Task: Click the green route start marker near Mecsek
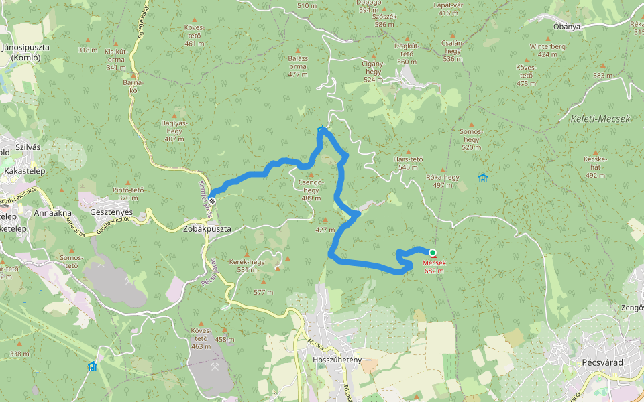[x=433, y=253]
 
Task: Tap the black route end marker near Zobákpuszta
[x=212, y=200]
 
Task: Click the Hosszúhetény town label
[x=337, y=360]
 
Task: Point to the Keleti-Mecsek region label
[x=600, y=119]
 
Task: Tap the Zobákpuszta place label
[x=207, y=228]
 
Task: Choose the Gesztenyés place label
[x=111, y=212]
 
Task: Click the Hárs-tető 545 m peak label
[x=408, y=163]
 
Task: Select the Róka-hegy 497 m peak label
[x=442, y=181]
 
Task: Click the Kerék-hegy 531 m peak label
[x=247, y=265]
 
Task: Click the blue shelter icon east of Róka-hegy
[x=483, y=178]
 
